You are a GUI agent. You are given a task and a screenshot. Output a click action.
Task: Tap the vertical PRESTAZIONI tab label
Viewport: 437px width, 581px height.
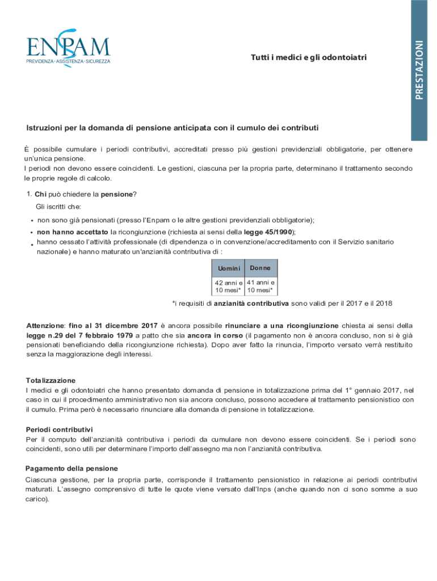click(419, 70)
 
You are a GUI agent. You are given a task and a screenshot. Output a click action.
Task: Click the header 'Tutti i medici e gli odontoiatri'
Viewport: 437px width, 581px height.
click(309, 58)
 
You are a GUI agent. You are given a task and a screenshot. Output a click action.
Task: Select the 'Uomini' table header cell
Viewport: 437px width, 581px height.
click(228, 268)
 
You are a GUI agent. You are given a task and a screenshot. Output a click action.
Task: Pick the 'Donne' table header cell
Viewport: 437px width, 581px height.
click(260, 267)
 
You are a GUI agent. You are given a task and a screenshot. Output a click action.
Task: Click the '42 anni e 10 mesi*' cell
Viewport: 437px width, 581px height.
click(228, 287)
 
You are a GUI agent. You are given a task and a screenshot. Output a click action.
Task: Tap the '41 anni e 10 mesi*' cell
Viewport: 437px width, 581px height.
click(261, 287)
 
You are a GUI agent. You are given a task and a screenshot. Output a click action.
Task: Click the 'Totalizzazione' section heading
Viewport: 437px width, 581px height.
click(51, 380)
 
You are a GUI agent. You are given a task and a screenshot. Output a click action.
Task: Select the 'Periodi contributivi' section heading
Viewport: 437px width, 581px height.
click(59, 430)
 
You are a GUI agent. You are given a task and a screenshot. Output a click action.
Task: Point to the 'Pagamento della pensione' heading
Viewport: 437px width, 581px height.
click(72, 469)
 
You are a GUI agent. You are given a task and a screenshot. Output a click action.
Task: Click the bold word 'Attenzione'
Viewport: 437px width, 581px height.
click(45, 326)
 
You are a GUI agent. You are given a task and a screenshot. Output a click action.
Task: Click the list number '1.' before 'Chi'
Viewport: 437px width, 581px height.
click(29, 195)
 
